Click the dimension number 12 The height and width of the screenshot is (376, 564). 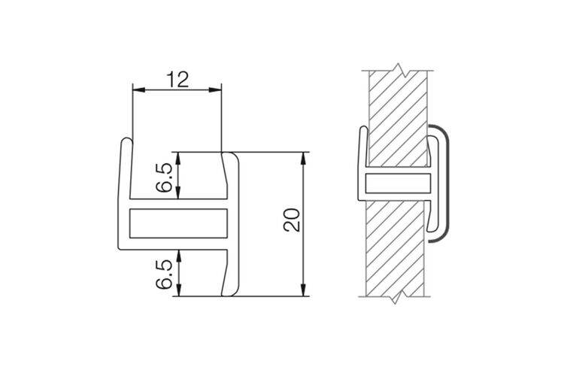(177, 80)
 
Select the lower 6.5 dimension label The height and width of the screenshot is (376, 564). (164, 274)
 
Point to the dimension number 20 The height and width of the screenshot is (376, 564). (292, 220)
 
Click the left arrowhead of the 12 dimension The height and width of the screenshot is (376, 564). (138, 89)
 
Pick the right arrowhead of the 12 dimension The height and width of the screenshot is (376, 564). (215, 89)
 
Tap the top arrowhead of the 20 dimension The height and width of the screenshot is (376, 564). (304, 158)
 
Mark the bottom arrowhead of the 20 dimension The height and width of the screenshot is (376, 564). (304, 290)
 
